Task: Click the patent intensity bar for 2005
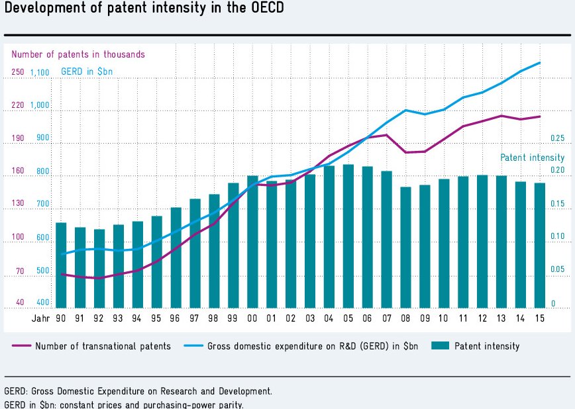click(x=348, y=236)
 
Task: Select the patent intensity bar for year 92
click(x=99, y=269)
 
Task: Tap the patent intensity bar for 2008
click(x=405, y=248)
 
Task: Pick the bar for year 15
click(x=540, y=246)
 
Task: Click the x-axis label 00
click(x=252, y=319)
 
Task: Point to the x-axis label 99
click(x=233, y=319)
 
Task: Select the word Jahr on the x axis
click(x=40, y=319)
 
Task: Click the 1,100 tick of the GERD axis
click(x=40, y=73)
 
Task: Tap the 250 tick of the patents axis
click(x=17, y=73)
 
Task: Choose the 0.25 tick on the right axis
click(x=557, y=139)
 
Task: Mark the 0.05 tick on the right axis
click(x=557, y=270)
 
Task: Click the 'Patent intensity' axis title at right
click(x=532, y=158)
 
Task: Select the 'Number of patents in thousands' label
click(x=78, y=55)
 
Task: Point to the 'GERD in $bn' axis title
click(x=87, y=71)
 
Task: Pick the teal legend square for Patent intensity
click(x=439, y=346)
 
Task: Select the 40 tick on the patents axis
click(x=20, y=303)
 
